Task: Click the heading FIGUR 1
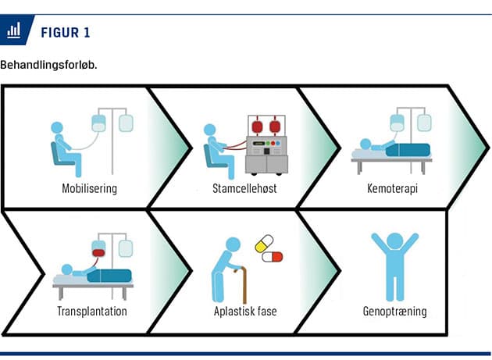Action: tap(66, 33)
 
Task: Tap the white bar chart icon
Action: tap(14, 30)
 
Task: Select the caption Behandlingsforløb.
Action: tap(48, 65)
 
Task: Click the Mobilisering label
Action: tap(90, 189)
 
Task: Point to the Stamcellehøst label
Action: tap(244, 189)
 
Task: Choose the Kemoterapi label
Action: tap(392, 189)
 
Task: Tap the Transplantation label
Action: tap(92, 312)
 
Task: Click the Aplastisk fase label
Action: tap(245, 312)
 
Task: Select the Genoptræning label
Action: tap(394, 312)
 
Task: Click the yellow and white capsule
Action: tap(264, 244)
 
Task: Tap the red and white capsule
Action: tap(273, 257)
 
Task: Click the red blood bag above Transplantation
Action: tap(98, 253)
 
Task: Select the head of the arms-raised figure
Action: tap(395, 242)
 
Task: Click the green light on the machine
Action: tap(268, 143)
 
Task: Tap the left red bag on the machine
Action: tap(257, 127)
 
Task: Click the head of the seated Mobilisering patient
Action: tap(57, 128)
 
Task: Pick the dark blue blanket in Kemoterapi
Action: tap(408, 150)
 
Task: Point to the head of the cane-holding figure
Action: tap(233, 244)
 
